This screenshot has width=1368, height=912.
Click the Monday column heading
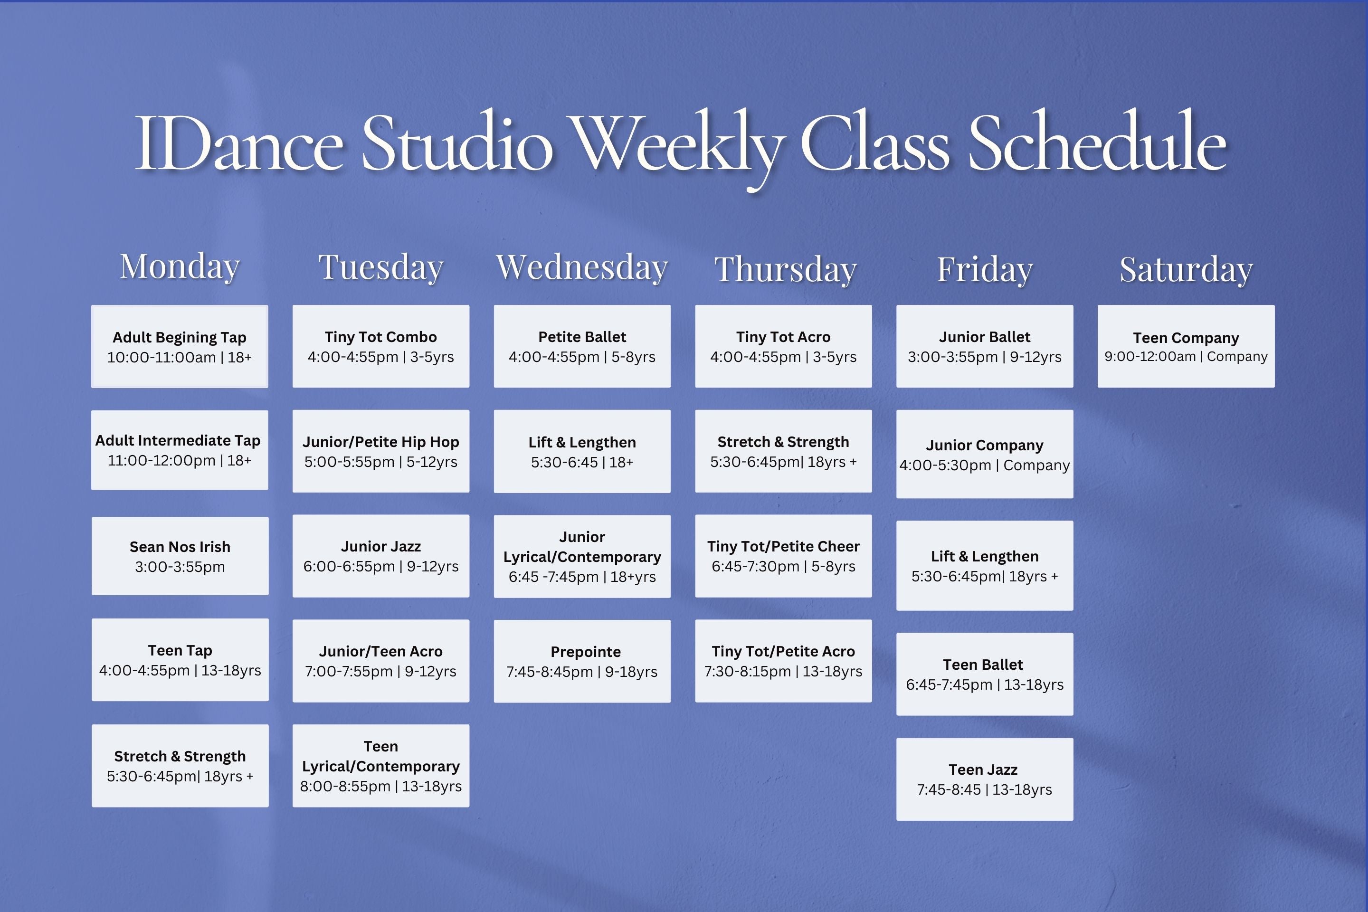[x=180, y=267]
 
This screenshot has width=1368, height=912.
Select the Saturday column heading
[x=1186, y=269]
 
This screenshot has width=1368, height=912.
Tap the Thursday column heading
[x=785, y=269]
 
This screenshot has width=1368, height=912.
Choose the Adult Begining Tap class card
[x=180, y=346]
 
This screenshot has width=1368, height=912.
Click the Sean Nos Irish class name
[x=180, y=547]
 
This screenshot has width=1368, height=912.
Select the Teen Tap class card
[x=180, y=660]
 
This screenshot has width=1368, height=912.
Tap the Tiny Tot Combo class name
[x=381, y=337]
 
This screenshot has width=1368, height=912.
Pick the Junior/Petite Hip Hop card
[x=381, y=451]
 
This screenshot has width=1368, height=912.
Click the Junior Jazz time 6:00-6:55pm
[x=349, y=566]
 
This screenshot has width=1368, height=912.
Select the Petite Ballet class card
[x=582, y=346]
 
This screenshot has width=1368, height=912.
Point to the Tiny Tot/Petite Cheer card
[x=783, y=556]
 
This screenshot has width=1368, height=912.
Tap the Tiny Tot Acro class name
[x=783, y=337]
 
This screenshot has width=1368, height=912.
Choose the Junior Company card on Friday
[x=985, y=454]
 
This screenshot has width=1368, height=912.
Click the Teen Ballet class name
[x=983, y=664]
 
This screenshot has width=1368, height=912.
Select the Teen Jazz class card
[x=985, y=779]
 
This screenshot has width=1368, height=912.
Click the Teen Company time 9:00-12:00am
[x=1150, y=357]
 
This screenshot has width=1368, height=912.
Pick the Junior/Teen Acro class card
[x=381, y=661]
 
